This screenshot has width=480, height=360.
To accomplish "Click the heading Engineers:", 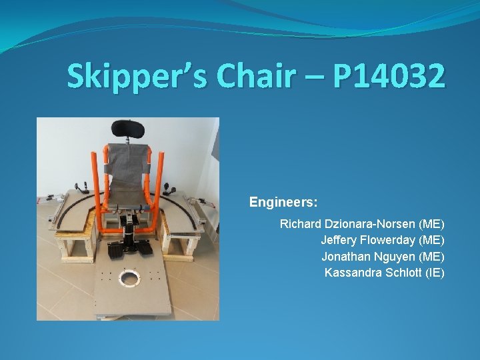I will [x=283, y=201].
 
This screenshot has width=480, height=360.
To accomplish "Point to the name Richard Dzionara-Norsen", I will [x=347, y=224].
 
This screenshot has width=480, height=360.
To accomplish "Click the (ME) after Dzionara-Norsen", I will [x=431, y=224].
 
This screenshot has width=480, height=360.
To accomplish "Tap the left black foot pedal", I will [x=115, y=251].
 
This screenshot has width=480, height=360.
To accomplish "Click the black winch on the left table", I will [x=82, y=186].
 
